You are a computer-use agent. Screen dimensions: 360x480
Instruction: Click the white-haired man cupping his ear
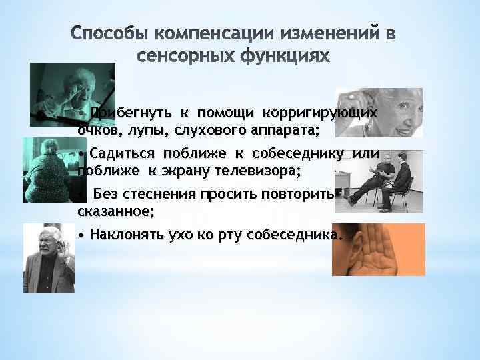(x=48, y=259)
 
